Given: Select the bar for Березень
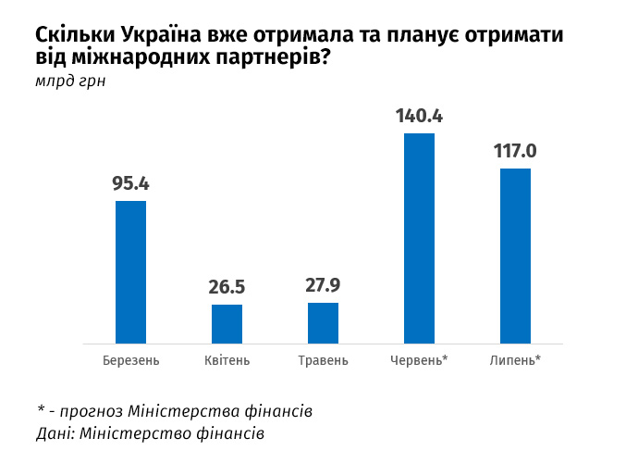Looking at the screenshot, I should click(x=130, y=271).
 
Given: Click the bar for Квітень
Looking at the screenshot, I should click(x=227, y=323).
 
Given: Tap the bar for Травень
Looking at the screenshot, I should click(x=323, y=322).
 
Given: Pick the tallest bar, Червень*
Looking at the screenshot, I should click(x=419, y=238).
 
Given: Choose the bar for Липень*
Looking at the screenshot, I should click(x=515, y=256).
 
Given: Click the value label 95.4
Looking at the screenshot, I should click(x=130, y=183).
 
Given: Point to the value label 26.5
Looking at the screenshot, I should click(x=227, y=287).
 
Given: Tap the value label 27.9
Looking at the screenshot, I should click(x=323, y=285).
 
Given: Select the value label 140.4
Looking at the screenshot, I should click(x=419, y=116).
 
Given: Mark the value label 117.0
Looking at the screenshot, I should click(x=515, y=151).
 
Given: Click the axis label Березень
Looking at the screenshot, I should click(x=131, y=360).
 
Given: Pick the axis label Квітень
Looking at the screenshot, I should click(x=227, y=360).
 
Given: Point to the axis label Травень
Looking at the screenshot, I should click(x=323, y=360).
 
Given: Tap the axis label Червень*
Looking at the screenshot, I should click(x=419, y=360).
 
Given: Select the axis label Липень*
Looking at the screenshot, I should click(x=515, y=360).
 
